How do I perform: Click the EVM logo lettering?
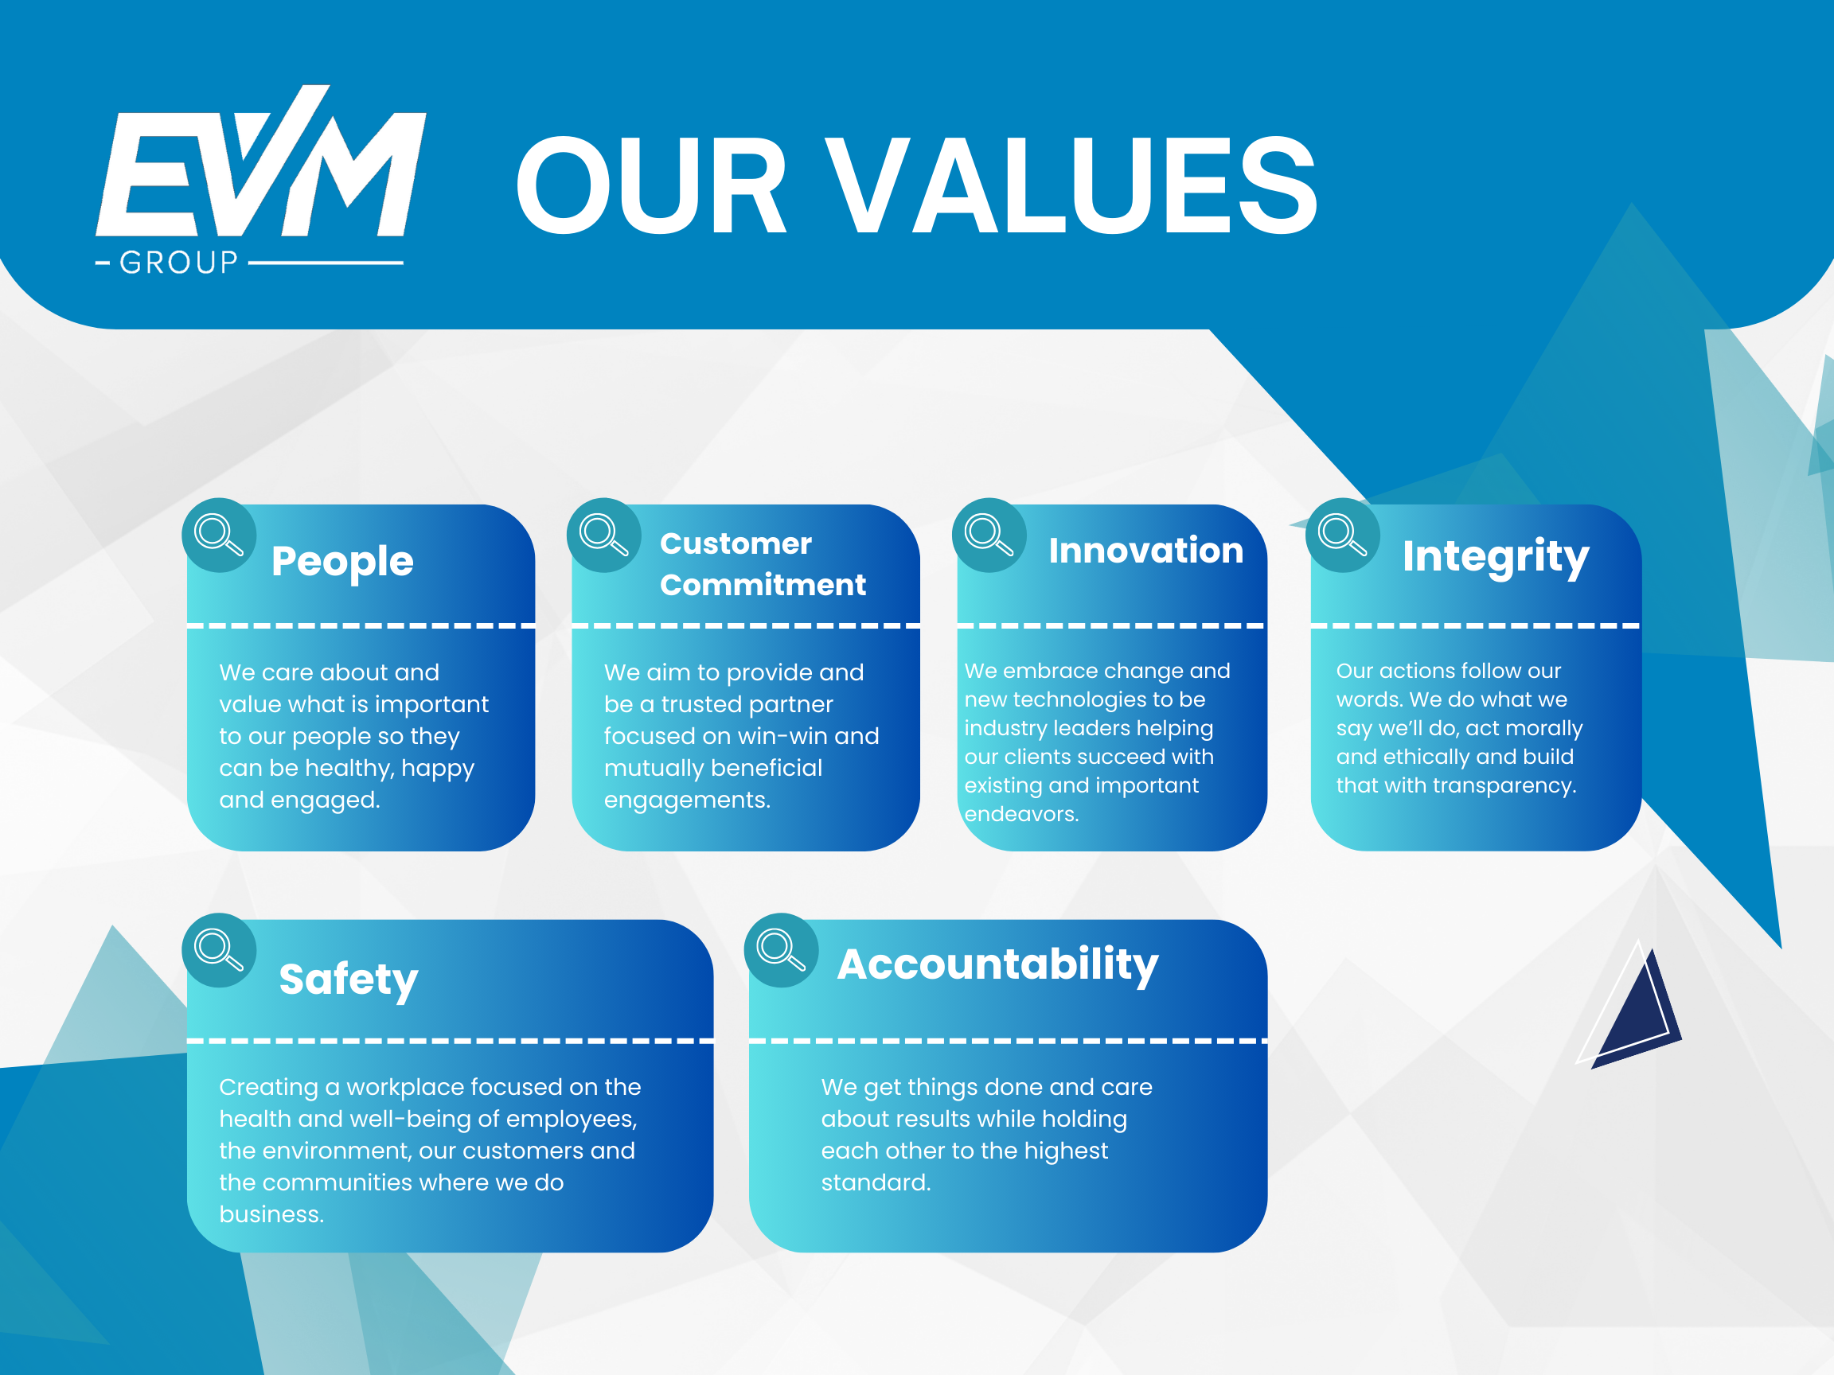point(261,166)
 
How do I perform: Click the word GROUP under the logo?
point(178,263)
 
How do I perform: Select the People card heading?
point(341,561)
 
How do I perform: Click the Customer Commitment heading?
point(762,563)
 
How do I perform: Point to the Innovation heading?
point(1145,551)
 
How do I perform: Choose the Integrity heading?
point(1495,557)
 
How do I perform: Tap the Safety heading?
point(348,980)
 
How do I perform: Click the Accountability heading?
point(997,964)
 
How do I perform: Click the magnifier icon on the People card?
point(218,535)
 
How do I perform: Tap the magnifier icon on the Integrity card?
point(1342,535)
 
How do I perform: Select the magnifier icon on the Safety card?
point(218,950)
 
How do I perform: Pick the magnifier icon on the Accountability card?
point(781,950)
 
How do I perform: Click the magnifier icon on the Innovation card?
point(989,535)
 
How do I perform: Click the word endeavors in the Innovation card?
point(1020,814)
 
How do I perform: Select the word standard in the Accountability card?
point(875,1182)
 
